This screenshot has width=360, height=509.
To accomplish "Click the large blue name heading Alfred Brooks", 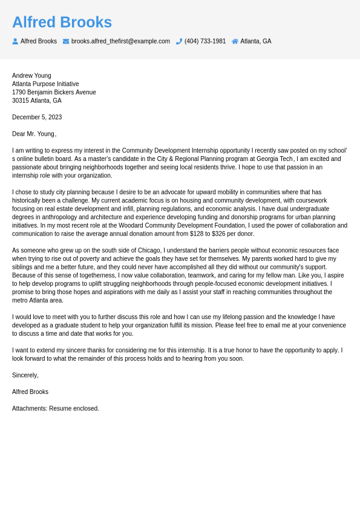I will coord(62,22).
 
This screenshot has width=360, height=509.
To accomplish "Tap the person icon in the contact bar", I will coord(15,41).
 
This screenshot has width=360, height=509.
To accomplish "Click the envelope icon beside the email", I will coord(66,41).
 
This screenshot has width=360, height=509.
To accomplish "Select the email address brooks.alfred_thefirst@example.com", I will coord(120,41).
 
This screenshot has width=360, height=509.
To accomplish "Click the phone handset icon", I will coord(179,41).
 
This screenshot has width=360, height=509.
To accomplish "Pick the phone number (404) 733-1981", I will coord(205,41).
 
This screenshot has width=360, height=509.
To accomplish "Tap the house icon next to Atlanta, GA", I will coord(235,41).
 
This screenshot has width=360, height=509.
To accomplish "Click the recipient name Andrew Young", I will coord(31,76).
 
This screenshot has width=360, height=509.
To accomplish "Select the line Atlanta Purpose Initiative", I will coord(45,84).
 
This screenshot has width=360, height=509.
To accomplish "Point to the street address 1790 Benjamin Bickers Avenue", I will coord(54,93).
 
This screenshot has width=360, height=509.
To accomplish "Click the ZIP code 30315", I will coord(20,100).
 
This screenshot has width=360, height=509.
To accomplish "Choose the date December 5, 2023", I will coord(37,117).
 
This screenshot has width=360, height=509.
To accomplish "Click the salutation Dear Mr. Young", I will coord(33,134).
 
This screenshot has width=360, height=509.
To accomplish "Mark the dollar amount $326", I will coord(220,234).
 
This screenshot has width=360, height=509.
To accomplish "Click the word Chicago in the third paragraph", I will coord(150,251).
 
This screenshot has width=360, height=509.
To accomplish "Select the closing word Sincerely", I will coord(24,375).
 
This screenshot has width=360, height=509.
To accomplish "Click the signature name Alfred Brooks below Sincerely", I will coord(30,392).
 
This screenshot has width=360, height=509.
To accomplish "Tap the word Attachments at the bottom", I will coord(29,409).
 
